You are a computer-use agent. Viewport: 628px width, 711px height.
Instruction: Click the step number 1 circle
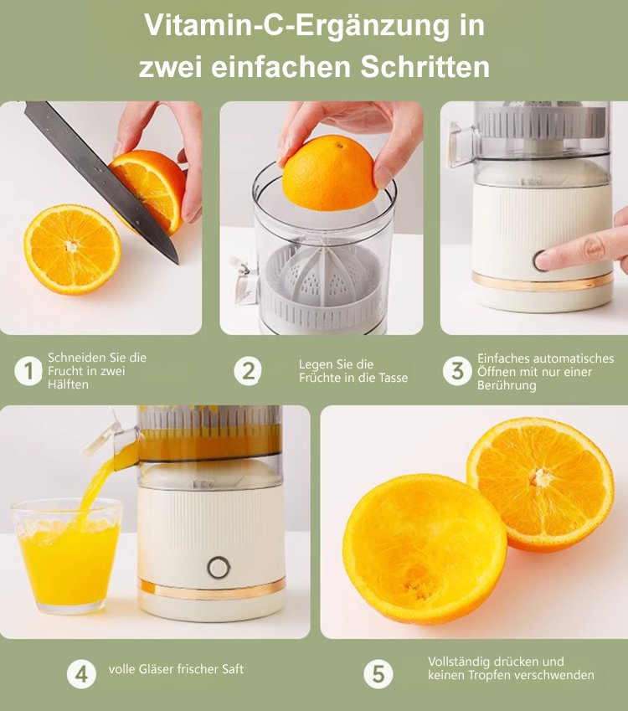tap(28, 371)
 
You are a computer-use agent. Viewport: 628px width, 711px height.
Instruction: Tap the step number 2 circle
tap(248, 371)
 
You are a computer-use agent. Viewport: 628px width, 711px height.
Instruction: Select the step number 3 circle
tap(457, 371)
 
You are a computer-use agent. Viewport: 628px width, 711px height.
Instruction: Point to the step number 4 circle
tap(81, 672)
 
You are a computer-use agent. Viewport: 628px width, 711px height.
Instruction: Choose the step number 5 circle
tap(378, 672)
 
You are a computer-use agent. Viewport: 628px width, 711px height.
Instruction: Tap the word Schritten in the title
tap(425, 67)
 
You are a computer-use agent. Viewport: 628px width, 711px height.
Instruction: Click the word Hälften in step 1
tap(68, 384)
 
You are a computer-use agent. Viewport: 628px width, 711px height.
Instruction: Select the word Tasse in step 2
tap(392, 378)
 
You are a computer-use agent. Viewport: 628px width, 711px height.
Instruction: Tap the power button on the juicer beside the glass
tap(219, 567)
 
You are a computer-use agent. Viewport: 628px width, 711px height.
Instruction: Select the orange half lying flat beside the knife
tap(72, 248)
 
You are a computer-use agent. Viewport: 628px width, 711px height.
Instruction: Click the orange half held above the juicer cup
tap(329, 173)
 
